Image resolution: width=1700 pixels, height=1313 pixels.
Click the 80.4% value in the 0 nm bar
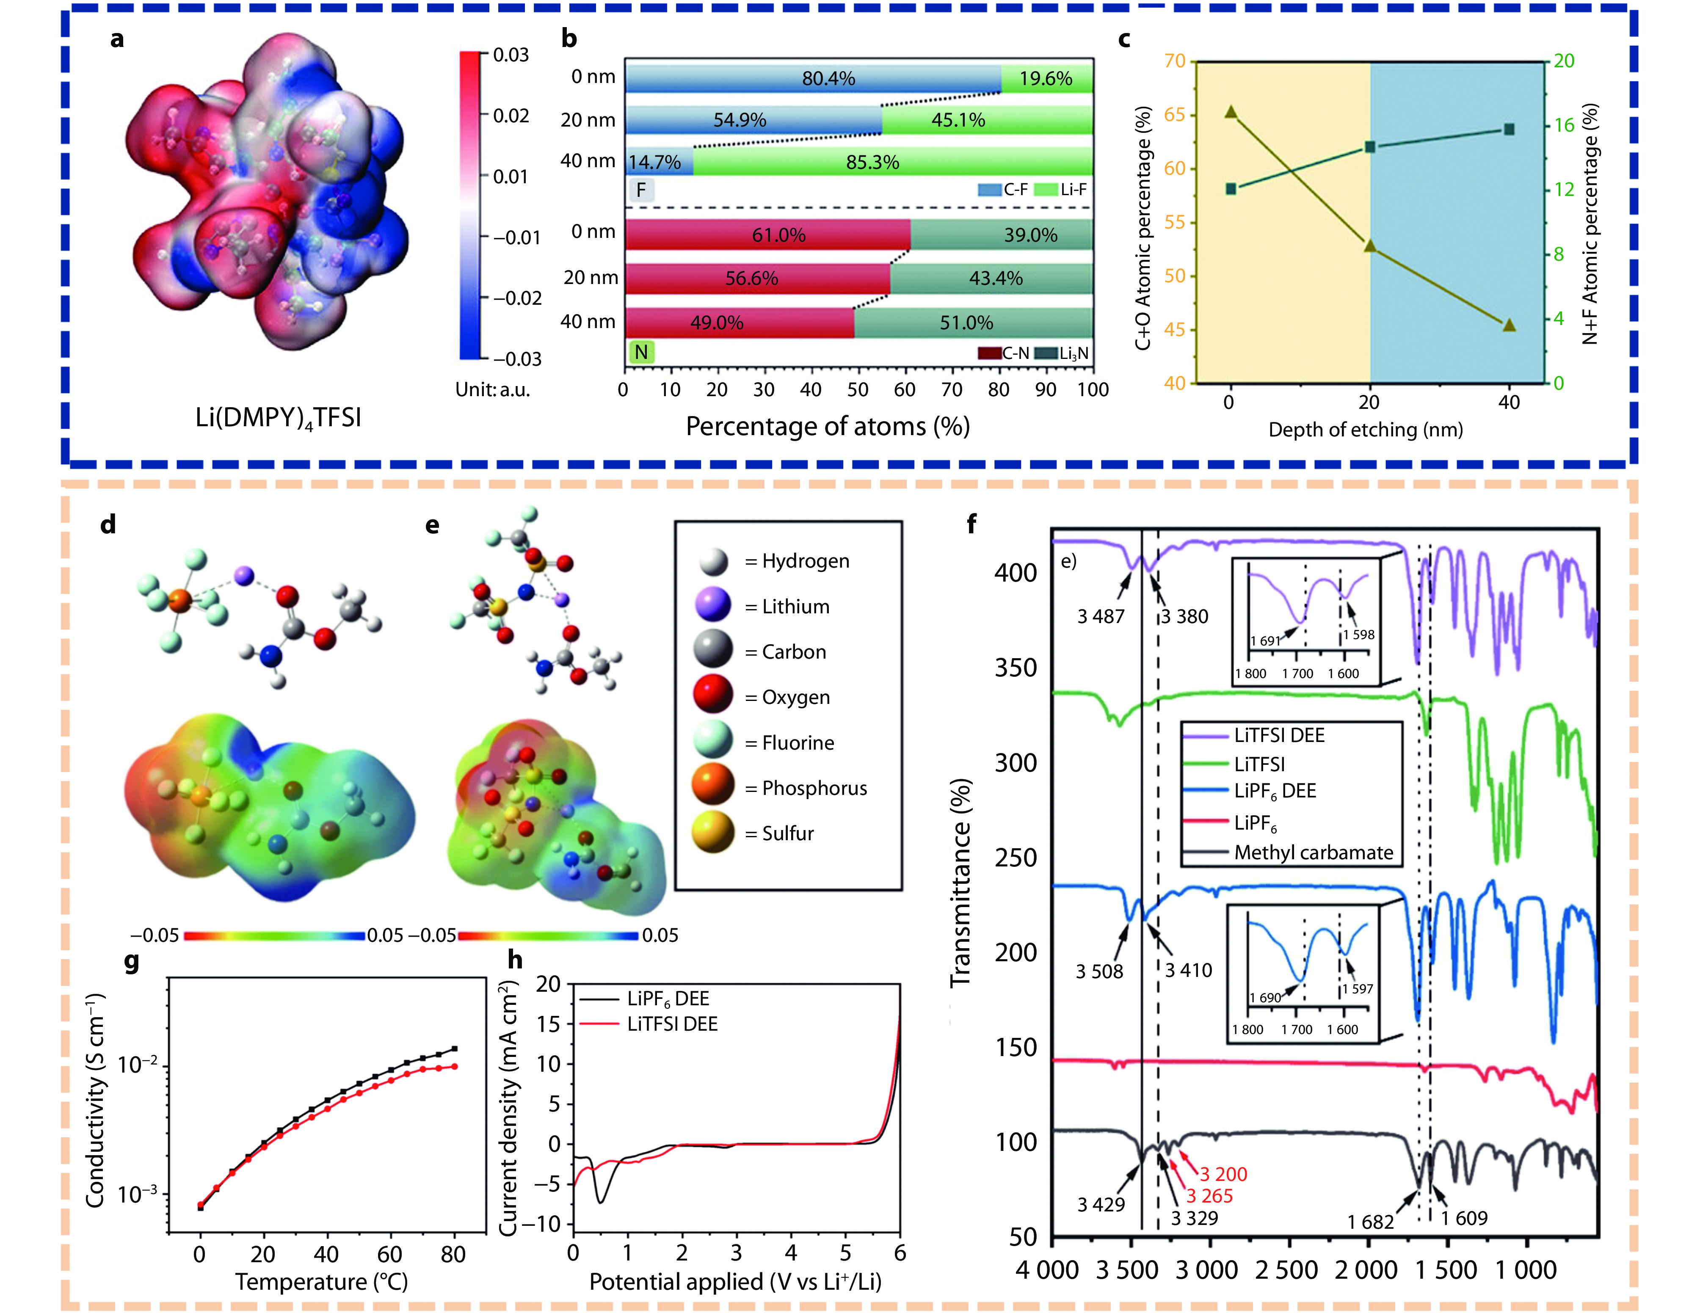coord(828,79)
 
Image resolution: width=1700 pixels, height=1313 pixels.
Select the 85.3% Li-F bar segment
coord(872,162)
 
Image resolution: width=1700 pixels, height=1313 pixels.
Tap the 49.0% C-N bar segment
coord(717,322)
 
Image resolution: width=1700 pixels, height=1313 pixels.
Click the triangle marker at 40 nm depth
coord(1509,325)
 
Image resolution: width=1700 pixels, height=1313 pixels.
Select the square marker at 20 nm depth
coord(1370,146)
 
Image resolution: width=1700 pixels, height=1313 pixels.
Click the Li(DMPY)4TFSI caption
coord(278,418)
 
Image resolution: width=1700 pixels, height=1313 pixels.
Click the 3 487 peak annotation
coord(1101,616)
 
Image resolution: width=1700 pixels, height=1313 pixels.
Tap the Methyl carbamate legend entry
coord(1313,852)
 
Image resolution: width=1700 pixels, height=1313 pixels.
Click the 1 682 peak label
coord(1371,1222)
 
